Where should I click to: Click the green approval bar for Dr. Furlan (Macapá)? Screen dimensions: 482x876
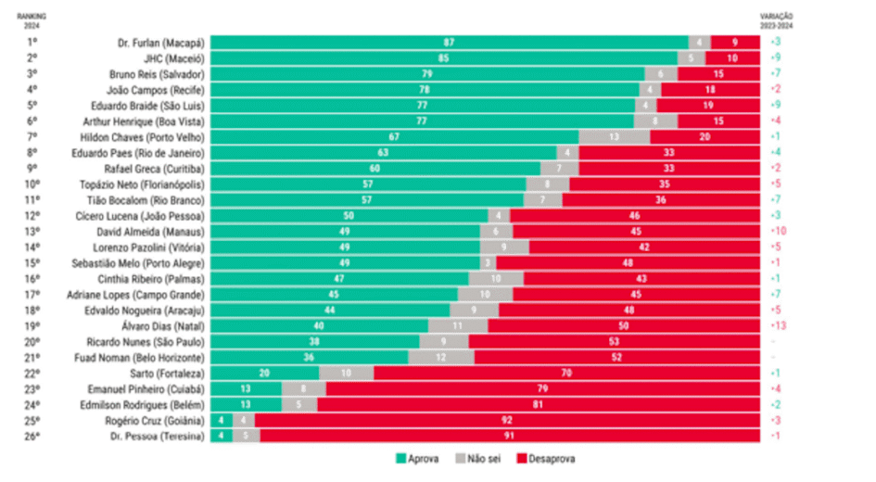(x=449, y=43)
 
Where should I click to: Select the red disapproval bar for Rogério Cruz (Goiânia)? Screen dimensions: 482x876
(x=506, y=420)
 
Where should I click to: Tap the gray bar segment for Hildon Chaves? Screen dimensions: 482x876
(x=614, y=136)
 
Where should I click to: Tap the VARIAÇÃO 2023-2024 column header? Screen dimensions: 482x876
(x=778, y=21)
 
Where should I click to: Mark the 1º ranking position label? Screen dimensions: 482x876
(x=32, y=43)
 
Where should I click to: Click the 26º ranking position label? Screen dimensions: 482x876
(x=32, y=436)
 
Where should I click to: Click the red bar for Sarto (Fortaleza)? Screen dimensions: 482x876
(x=564, y=373)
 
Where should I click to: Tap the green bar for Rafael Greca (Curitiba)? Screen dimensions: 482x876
(x=375, y=168)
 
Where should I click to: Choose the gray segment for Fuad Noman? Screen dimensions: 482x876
(x=441, y=357)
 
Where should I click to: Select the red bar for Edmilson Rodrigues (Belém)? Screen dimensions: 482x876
(x=538, y=404)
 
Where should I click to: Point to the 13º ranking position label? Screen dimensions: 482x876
(x=32, y=231)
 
